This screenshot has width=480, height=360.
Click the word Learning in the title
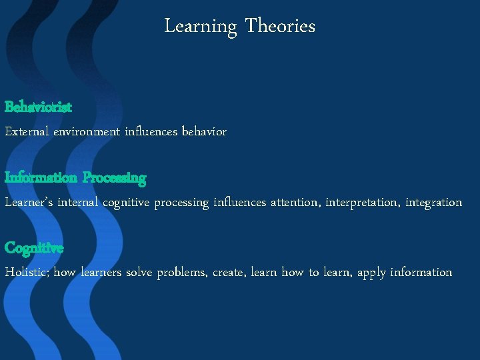[x=201, y=27]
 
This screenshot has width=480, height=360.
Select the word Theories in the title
[x=280, y=26]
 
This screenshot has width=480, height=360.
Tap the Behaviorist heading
[x=39, y=107]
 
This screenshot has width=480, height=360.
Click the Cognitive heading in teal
[x=34, y=248]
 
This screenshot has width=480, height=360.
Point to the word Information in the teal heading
[x=41, y=177]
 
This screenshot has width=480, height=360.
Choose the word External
[x=27, y=132]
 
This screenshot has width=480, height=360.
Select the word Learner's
[x=29, y=202]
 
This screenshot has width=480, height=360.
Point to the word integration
[x=434, y=202]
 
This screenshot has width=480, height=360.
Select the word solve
[x=139, y=273]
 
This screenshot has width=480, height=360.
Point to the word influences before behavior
[x=151, y=132]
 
